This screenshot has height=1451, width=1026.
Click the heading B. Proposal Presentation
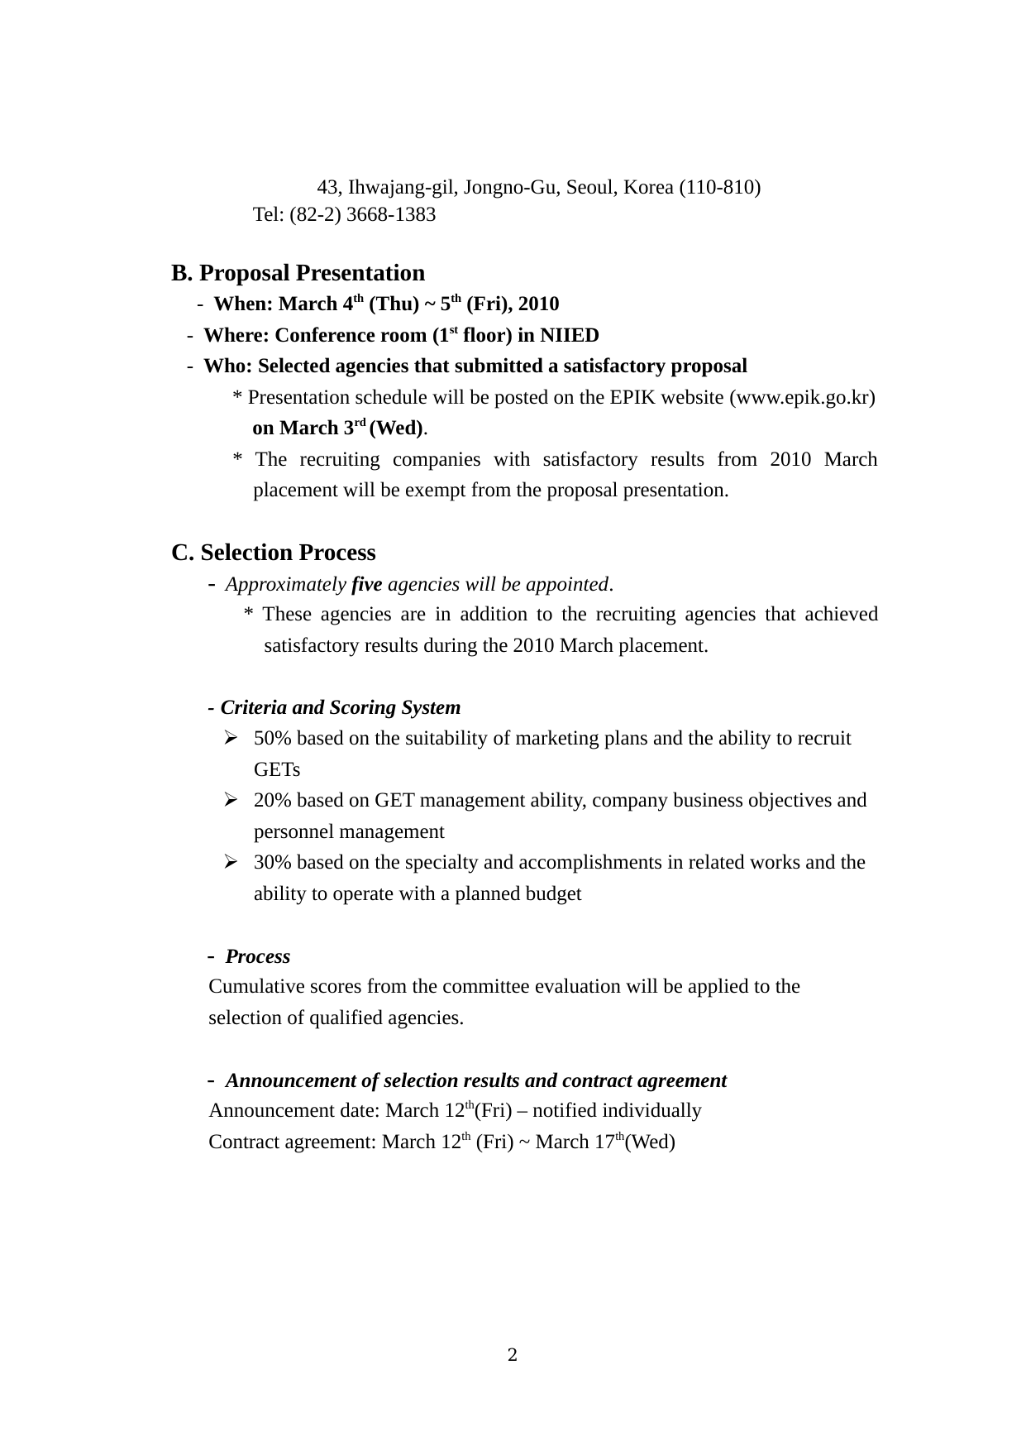point(298,273)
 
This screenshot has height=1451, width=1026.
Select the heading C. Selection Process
point(274,553)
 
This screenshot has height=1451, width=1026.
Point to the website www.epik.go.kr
point(802,398)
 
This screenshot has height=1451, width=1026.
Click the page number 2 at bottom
point(513,1355)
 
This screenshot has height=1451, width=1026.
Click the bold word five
point(366,585)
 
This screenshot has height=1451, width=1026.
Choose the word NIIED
point(570,336)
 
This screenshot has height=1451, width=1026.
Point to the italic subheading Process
point(258,957)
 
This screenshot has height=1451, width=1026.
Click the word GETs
point(277,770)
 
